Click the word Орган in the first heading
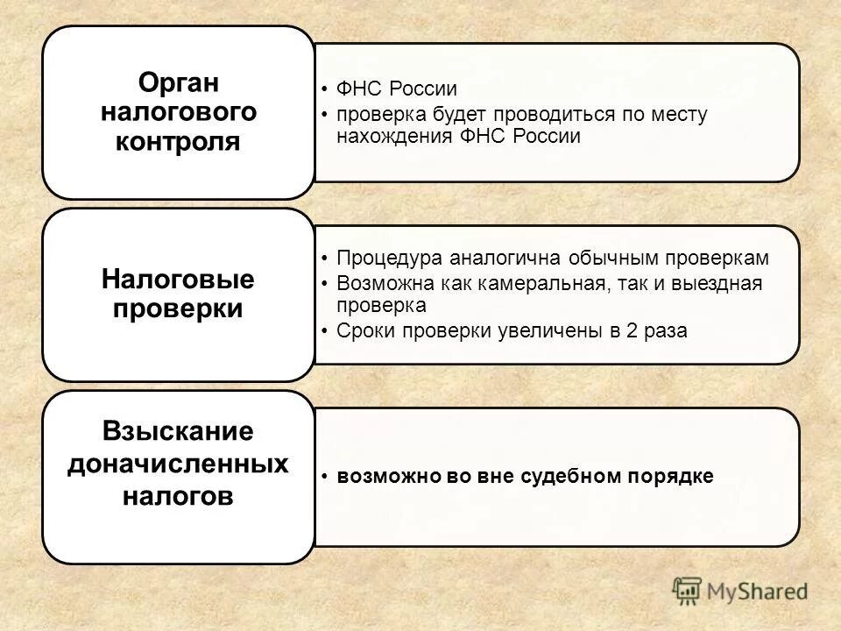tap(178, 83)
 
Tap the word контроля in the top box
tap(178, 141)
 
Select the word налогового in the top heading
tap(178, 112)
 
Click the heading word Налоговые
tap(178, 280)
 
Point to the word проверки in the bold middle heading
tap(178, 309)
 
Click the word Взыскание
tap(178, 432)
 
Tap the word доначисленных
tap(178, 464)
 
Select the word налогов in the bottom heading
tap(178, 496)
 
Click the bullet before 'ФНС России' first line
tap(325, 90)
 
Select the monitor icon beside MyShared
tap(688, 591)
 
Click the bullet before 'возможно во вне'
tap(325, 478)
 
